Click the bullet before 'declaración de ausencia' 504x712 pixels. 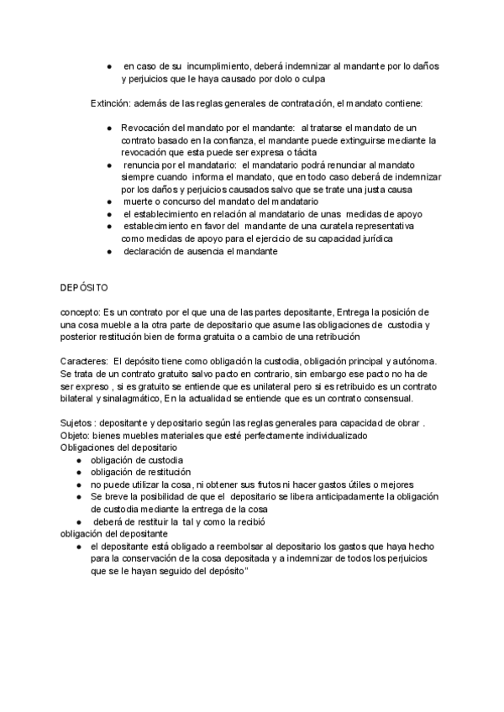coord(109,251)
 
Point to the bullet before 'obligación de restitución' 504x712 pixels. coord(78,473)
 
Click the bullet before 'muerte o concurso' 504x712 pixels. coord(109,202)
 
